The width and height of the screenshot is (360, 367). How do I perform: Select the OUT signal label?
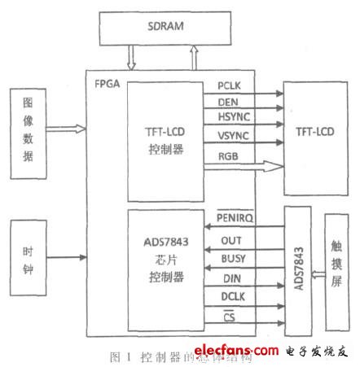coord(231,242)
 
